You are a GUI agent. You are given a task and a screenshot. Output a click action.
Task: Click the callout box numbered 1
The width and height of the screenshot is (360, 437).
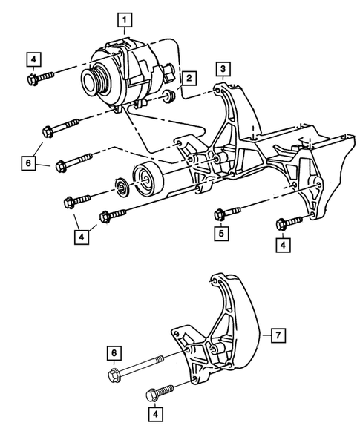click(x=127, y=17)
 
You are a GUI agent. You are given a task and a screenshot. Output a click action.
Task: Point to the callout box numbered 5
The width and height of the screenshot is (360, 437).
click(x=221, y=232)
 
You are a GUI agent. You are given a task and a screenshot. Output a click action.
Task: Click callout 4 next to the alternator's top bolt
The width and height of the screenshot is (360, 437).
click(x=32, y=58)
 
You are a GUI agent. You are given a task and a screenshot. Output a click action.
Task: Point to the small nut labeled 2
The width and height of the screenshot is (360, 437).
click(x=169, y=95)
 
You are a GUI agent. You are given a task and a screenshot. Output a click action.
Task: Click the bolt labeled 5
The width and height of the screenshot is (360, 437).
click(x=227, y=214)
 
